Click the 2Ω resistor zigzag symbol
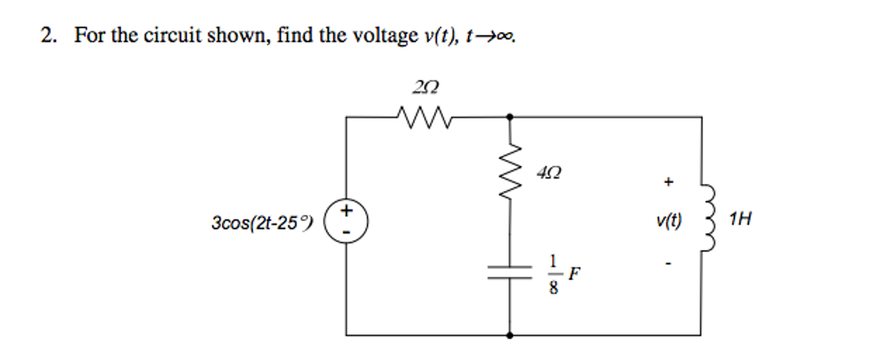coord(424,117)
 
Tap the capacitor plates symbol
coord(510,273)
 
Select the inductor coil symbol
coord(708,218)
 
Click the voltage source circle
coord(346,221)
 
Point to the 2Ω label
coord(425,88)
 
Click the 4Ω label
coord(549,173)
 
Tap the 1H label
coord(740,219)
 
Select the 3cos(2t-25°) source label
coord(261,223)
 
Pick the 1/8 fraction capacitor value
coord(553,274)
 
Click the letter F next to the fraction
coord(574,274)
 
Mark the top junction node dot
coord(510,117)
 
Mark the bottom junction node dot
coord(510,335)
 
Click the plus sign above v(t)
coord(668,182)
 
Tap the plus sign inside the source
coord(346,211)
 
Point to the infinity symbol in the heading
coord(505,37)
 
